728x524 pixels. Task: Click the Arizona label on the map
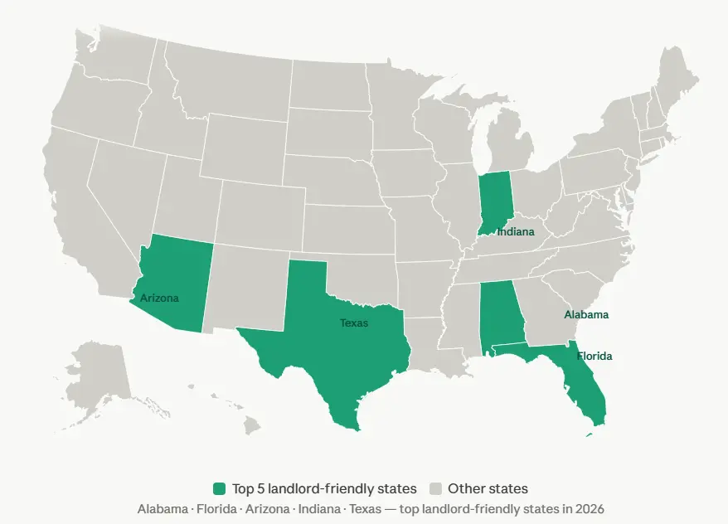click(159, 298)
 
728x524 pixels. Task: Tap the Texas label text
click(354, 323)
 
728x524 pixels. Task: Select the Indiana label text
click(516, 232)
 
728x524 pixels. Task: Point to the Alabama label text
click(586, 315)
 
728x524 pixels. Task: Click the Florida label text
click(595, 357)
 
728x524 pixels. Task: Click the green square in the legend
click(219, 489)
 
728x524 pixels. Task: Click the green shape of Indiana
click(495, 199)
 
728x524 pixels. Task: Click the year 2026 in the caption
click(591, 508)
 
